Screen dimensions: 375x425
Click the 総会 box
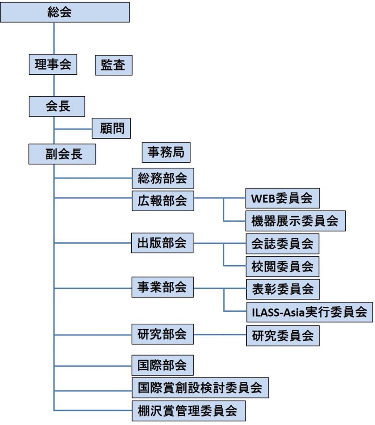click(x=65, y=12)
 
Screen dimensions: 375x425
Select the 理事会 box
click(x=53, y=64)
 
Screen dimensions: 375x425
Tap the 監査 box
click(x=114, y=65)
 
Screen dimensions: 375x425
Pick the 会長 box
click(x=57, y=106)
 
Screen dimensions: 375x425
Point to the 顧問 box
click(x=111, y=128)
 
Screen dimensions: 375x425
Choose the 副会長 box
click(x=62, y=154)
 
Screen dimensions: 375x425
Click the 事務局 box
click(x=166, y=152)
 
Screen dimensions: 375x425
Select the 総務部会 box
click(x=163, y=178)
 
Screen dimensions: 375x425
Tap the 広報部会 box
click(x=163, y=201)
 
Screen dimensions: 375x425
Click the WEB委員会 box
click(x=282, y=198)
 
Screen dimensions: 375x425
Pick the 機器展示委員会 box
click(x=296, y=221)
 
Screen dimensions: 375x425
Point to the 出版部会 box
click(x=162, y=243)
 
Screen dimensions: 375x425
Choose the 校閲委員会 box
click(x=282, y=266)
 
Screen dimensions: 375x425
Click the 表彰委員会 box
click(x=283, y=289)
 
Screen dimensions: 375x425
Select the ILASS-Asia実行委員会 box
click(x=310, y=312)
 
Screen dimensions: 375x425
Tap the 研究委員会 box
click(x=283, y=336)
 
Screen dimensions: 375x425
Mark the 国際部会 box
click(x=163, y=365)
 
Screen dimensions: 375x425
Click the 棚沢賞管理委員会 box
click(x=189, y=411)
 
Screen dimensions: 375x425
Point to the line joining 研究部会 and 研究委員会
click(x=220, y=335)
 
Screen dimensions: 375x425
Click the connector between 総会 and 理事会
click(x=54, y=38)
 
